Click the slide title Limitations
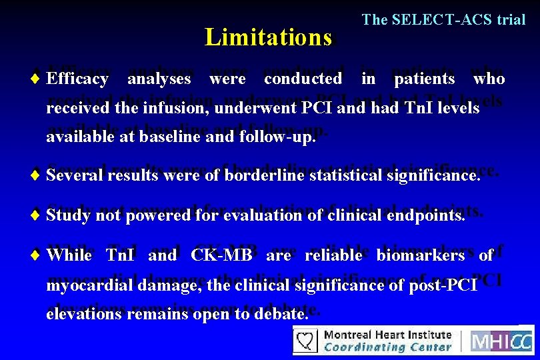pyautogui.click(x=268, y=37)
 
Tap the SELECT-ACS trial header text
pyautogui.click(x=443, y=20)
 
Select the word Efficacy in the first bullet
pyautogui.click(x=78, y=79)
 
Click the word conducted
pyautogui.click(x=303, y=79)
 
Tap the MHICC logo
pyautogui.click(x=501, y=341)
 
